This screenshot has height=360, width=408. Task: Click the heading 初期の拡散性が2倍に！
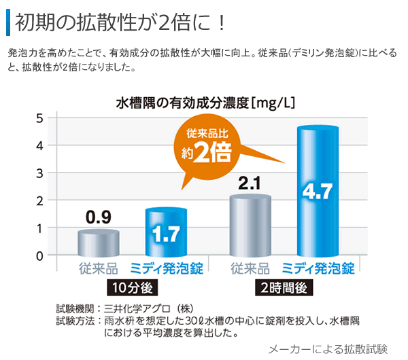pos(120,21)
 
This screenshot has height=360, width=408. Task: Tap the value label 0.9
pos(98,217)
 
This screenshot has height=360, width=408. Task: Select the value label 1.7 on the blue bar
pos(166,234)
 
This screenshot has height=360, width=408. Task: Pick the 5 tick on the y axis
pos(39,118)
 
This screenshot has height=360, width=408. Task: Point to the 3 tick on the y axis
pos(39,173)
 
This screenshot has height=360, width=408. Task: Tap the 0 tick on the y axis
pos(39,255)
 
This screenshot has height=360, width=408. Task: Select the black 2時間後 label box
pos(284,287)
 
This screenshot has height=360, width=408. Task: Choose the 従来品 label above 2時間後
pos(250,269)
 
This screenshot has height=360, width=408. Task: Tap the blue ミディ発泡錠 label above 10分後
pos(165,269)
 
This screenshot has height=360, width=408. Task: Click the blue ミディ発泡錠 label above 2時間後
pos(318,269)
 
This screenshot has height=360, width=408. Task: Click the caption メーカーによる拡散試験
pos(328,348)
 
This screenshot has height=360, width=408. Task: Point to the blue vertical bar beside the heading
pos(7,21)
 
